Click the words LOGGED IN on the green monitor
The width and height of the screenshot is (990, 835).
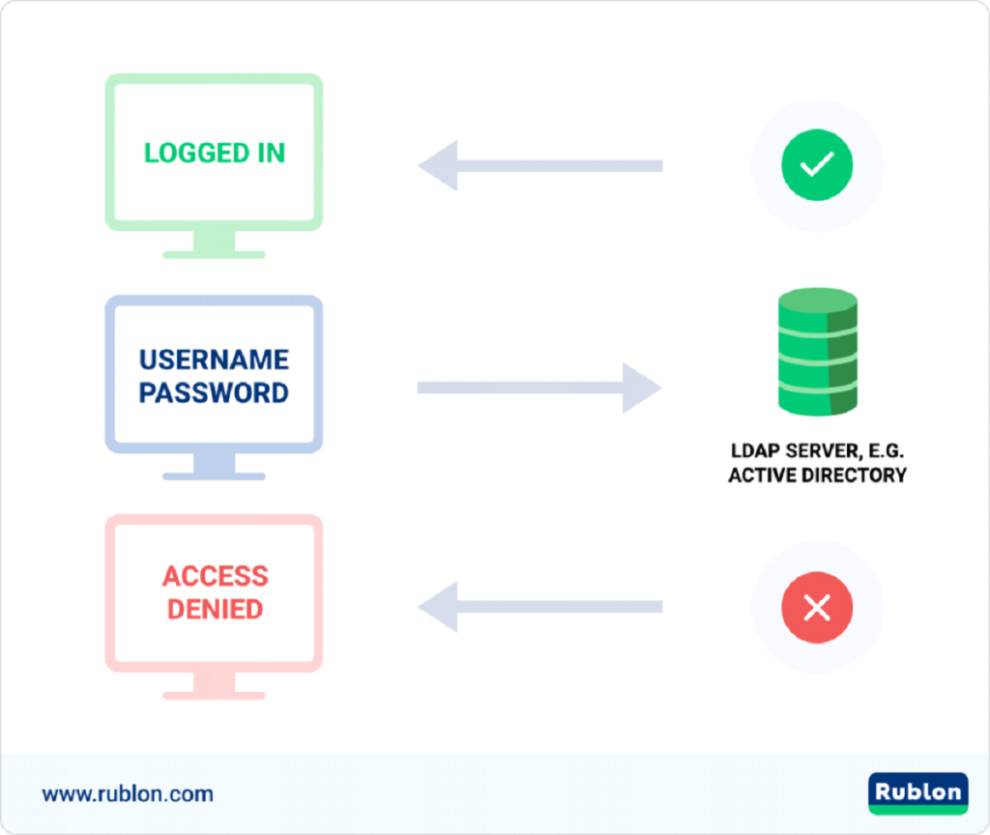(214, 154)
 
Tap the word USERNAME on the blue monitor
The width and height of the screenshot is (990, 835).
(214, 360)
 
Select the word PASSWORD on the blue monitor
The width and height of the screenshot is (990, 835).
(214, 393)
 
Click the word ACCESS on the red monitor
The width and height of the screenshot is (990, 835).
(214, 576)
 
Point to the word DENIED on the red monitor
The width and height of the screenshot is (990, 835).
(214, 609)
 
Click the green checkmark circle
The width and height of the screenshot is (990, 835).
(817, 165)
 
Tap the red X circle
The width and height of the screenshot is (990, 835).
(817, 607)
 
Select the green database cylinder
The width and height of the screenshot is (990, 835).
(817, 352)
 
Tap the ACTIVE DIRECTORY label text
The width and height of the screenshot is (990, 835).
(817, 475)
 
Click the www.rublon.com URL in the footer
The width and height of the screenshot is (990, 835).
(128, 794)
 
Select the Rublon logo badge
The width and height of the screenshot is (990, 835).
(917, 793)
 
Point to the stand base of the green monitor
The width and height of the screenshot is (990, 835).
(214, 254)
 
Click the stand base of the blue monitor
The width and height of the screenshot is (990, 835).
(214, 475)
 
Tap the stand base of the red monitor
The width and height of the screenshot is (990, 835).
(214, 694)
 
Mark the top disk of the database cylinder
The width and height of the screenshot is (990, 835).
(817, 301)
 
